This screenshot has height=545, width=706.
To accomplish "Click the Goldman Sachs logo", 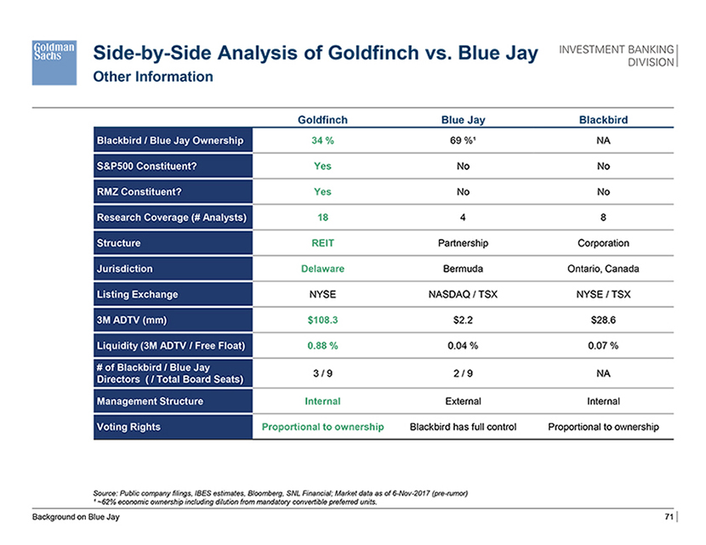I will pyautogui.click(x=56, y=60).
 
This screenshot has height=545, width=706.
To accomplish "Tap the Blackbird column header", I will pyautogui.click(x=603, y=120).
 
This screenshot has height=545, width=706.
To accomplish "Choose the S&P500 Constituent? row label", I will pyautogui.click(x=145, y=166).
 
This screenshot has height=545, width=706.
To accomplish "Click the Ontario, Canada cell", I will pyautogui.click(x=603, y=269).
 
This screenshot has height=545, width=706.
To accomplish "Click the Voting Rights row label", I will pyautogui.click(x=128, y=426).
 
